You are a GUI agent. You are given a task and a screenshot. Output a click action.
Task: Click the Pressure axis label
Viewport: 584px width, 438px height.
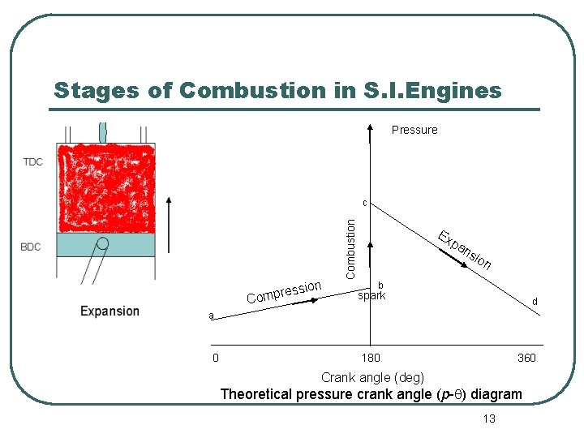click(x=414, y=130)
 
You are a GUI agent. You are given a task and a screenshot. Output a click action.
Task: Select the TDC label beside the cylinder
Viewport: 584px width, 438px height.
click(x=32, y=161)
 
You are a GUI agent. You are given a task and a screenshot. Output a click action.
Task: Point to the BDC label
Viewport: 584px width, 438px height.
click(x=31, y=247)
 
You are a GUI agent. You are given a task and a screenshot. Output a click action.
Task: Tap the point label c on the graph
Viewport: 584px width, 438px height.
click(x=365, y=203)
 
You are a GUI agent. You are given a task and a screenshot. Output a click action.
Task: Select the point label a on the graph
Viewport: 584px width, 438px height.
click(x=210, y=316)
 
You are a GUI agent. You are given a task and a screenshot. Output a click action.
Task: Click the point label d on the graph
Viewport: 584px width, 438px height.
click(x=534, y=302)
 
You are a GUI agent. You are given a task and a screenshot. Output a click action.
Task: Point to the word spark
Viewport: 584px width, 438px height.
click(x=371, y=296)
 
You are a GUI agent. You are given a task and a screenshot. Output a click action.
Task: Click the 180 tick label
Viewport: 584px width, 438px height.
click(x=370, y=358)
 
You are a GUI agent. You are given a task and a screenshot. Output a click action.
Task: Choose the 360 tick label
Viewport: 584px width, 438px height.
click(x=526, y=358)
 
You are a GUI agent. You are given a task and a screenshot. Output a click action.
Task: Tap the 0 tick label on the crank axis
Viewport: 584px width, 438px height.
click(x=214, y=358)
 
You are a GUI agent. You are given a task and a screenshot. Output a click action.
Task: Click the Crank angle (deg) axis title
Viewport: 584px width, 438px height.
click(x=371, y=377)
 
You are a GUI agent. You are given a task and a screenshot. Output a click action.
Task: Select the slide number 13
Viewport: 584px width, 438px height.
click(x=488, y=418)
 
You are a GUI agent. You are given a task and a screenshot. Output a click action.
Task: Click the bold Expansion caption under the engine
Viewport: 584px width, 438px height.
click(x=109, y=311)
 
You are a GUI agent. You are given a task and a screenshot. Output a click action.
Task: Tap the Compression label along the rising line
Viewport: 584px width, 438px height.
click(x=285, y=293)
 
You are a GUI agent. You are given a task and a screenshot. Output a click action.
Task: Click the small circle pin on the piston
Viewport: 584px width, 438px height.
click(x=103, y=243)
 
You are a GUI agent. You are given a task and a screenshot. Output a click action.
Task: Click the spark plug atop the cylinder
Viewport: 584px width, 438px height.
click(x=103, y=131)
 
